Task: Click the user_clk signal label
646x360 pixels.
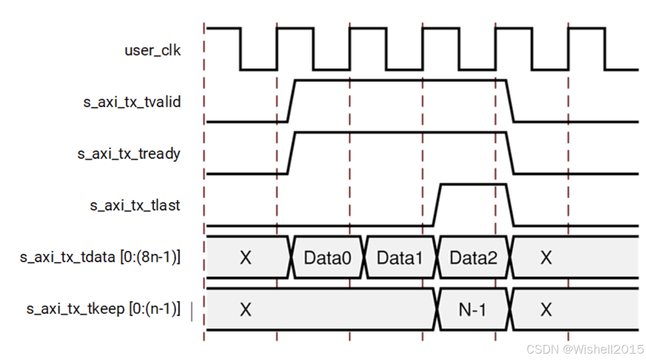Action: click(152, 50)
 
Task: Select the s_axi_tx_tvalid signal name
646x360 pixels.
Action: click(132, 102)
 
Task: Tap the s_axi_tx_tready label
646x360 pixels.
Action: click(129, 154)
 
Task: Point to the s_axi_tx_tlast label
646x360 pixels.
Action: click(135, 205)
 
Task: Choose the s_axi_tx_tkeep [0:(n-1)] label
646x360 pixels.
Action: click(103, 309)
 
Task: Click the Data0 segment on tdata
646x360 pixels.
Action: click(327, 258)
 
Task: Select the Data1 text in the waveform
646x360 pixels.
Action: click(400, 258)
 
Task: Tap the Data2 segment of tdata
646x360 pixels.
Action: click(473, 258)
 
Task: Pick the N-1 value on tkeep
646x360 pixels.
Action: click(472, 310)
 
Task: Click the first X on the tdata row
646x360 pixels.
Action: click(245, 258)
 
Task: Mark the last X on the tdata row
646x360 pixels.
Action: click(546, 258)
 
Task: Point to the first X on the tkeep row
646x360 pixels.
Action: click(245, 310)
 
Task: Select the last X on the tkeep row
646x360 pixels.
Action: click(546, 310)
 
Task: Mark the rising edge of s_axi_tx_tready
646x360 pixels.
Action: click(291, 153)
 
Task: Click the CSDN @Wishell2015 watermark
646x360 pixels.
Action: click(585, 349)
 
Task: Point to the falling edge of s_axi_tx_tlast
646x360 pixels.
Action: click(511, 205)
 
